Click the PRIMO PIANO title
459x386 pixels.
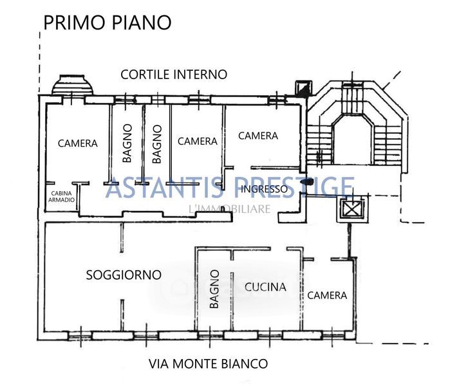click(x=108, y=23)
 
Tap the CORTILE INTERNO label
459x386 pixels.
click(x=174, y=75)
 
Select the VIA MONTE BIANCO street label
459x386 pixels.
click(x=208, y=363)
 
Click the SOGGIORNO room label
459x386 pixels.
click(x=124, y=275)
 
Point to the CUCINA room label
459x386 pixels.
click(x=265, y=287)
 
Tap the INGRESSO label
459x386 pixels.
click(x=264, y=189)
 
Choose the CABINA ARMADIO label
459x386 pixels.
click(x=61, y=197)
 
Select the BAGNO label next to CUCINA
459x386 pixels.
click(x=214, y=289)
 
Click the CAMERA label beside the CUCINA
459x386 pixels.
click(x=327, y=295)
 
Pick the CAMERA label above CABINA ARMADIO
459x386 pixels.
click(x=78, y=143)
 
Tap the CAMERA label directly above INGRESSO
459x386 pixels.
click(x=258, y=136)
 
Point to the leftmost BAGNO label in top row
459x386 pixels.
click(x=127, y=143)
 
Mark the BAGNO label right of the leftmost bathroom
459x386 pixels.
click(x=157, y=144)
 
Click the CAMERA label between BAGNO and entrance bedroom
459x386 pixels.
click(x=197, y=142)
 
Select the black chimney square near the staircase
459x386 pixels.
click(x=304, y=88)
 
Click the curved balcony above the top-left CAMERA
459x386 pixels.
click(x=73, y=85)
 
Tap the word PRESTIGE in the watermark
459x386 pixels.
click(x=294, y=187)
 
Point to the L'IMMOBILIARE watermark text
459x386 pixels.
click(x=229, y=209)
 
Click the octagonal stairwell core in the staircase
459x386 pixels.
click(x=352, y=140)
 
